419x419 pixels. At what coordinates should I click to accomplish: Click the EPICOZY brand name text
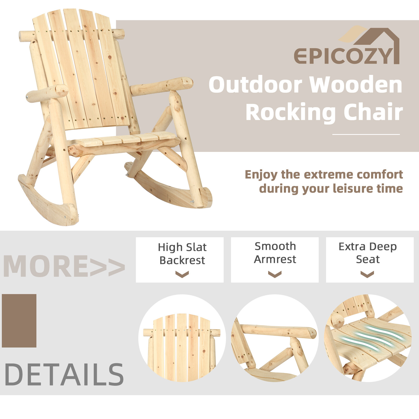click(343, 56)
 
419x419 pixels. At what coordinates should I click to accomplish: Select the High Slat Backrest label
click(182, 254)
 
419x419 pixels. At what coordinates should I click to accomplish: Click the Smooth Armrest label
click(275, 253)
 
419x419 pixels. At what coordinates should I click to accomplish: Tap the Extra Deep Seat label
click(368, 253)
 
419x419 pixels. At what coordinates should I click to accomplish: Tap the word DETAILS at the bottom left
click(64, 375)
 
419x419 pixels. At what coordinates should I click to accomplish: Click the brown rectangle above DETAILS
click(19, 321)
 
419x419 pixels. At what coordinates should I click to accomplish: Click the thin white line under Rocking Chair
click(366, 135)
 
